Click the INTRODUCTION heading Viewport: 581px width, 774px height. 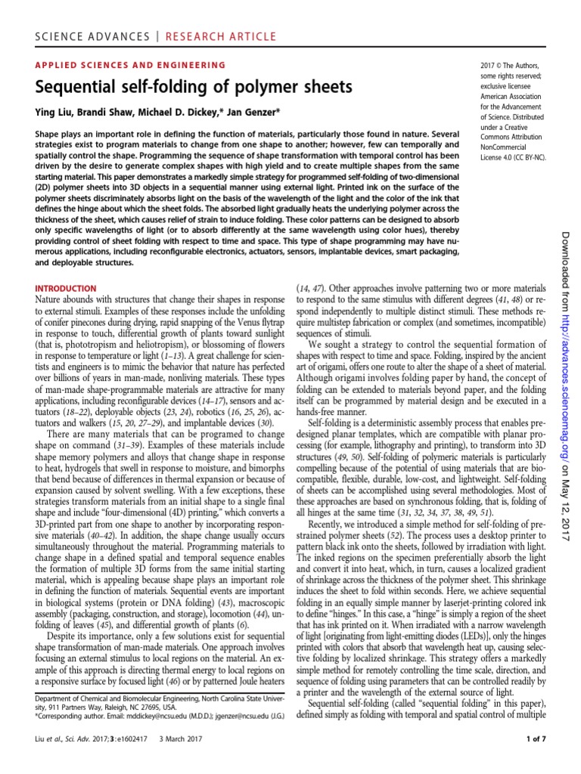point(67,289)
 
